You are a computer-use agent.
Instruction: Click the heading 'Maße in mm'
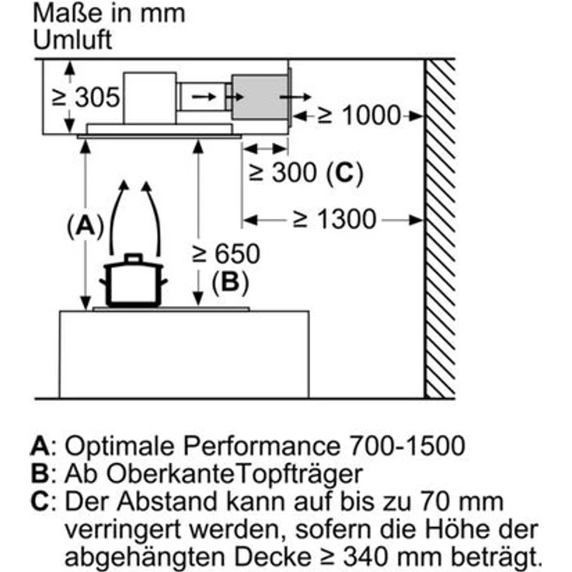(108, 13)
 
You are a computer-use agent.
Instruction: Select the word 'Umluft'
(71, 40)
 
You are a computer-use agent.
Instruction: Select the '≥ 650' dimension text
(226, 254)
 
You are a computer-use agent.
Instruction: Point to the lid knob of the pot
(134, 257)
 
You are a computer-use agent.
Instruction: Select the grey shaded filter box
(261, 97)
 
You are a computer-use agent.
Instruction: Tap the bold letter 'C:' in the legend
(43, 500)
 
